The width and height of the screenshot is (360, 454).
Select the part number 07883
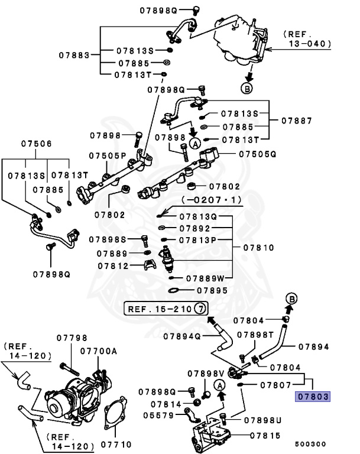[74, 55]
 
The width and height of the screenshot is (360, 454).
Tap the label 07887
[296, 120]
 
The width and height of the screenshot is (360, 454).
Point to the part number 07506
[37, 144]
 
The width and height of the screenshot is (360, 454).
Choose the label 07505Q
[258, 154]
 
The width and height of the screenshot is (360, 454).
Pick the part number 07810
[258, 247]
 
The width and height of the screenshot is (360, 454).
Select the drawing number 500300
[310, 443]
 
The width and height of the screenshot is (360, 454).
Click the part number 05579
[157, 415]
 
